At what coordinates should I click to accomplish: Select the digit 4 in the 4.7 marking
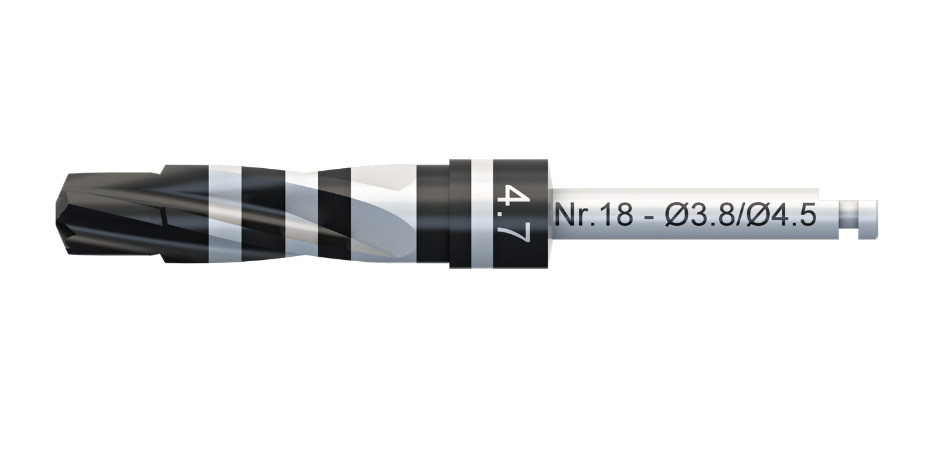pos(513,194)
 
